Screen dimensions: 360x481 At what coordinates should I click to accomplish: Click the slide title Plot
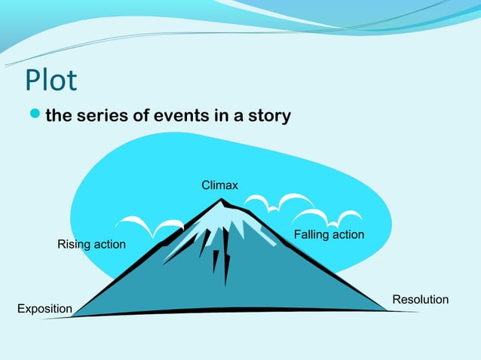coord(51,80)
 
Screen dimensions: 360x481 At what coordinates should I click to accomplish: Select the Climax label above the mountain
coord(219,185)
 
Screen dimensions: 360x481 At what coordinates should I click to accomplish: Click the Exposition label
coord(44,309)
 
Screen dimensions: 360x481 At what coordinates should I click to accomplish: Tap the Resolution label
coord(420,300)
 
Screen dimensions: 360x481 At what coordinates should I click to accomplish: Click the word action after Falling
coord(348,235)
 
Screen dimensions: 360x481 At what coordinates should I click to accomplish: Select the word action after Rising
coord(109,245)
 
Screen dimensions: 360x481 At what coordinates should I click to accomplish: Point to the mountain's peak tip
coord(221,200)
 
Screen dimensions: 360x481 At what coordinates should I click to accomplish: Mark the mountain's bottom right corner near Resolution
coord(384,309)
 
